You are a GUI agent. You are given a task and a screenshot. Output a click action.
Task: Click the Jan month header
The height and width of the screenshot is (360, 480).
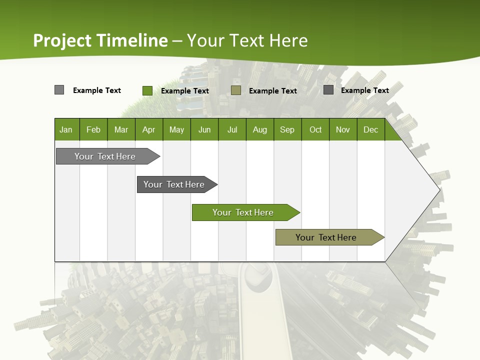pos(66,129)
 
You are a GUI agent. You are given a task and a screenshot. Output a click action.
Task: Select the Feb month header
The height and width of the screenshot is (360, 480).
pos(93,129)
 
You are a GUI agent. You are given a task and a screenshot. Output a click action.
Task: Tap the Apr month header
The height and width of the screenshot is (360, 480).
pos(148,129)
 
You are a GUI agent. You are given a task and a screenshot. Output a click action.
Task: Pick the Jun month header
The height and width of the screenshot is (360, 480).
pos(204,129)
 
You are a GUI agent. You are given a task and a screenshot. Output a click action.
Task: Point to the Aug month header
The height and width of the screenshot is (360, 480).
pos(259,129)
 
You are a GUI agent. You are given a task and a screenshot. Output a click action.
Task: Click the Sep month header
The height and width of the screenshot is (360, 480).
pos(287,129)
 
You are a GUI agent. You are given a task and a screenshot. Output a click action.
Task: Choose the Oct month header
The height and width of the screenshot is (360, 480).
pos(315,129)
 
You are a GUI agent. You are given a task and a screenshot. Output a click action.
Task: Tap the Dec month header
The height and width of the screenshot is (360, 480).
pos(370,129)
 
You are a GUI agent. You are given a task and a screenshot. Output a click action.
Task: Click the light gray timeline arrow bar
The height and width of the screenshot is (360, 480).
pos(105,156)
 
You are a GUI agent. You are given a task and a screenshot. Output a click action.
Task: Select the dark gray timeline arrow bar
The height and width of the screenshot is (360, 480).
pos(174,184)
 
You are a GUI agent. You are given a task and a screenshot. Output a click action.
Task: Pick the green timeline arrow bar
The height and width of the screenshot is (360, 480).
pos(243,212)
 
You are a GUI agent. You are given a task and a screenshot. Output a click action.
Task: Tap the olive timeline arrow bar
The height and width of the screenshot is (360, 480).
pos(326,237)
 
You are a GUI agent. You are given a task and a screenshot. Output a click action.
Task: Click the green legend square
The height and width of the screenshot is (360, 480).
pos(147,90)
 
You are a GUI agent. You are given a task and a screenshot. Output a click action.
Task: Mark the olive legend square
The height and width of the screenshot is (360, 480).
pos(236,90)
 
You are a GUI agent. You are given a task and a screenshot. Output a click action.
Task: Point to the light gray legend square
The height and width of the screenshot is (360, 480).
pos(59,90)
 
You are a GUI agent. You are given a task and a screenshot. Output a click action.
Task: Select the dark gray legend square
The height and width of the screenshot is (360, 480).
pos(328,90)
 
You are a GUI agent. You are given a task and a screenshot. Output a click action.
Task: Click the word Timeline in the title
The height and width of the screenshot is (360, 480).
pos(132,40)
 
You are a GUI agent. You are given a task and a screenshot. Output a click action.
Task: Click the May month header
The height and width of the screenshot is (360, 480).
pos(176,129)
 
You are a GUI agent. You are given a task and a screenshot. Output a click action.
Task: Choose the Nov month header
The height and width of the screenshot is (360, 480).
pos(343,129)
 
